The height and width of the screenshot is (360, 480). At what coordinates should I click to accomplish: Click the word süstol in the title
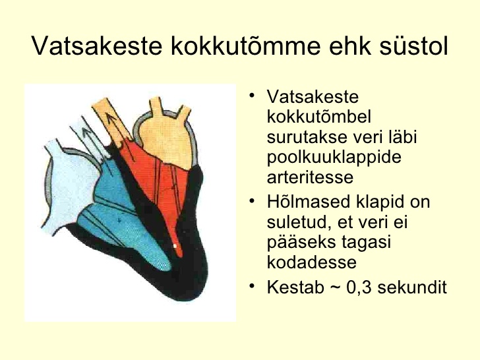[414, 46]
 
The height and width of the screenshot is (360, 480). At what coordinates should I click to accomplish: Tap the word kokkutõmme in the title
[245, 46]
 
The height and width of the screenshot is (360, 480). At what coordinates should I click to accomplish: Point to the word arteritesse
[310, 177]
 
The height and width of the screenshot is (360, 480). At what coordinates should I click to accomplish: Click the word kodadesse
[312, 262]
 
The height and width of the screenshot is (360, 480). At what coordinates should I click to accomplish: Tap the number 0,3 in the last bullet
[359, 287]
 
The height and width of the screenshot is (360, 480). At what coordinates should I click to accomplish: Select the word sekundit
[412, 287]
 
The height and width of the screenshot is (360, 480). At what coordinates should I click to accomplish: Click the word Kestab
[295, 287]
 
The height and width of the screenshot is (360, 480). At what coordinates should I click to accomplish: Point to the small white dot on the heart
[175, 246]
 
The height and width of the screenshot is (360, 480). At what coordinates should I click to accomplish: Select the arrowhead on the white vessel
[87, 131]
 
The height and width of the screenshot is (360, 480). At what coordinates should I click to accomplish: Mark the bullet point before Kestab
[252, 286]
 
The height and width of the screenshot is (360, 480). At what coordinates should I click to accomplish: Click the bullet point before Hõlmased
[252, 201]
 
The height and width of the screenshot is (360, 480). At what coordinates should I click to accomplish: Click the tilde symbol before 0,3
[335, 287]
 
